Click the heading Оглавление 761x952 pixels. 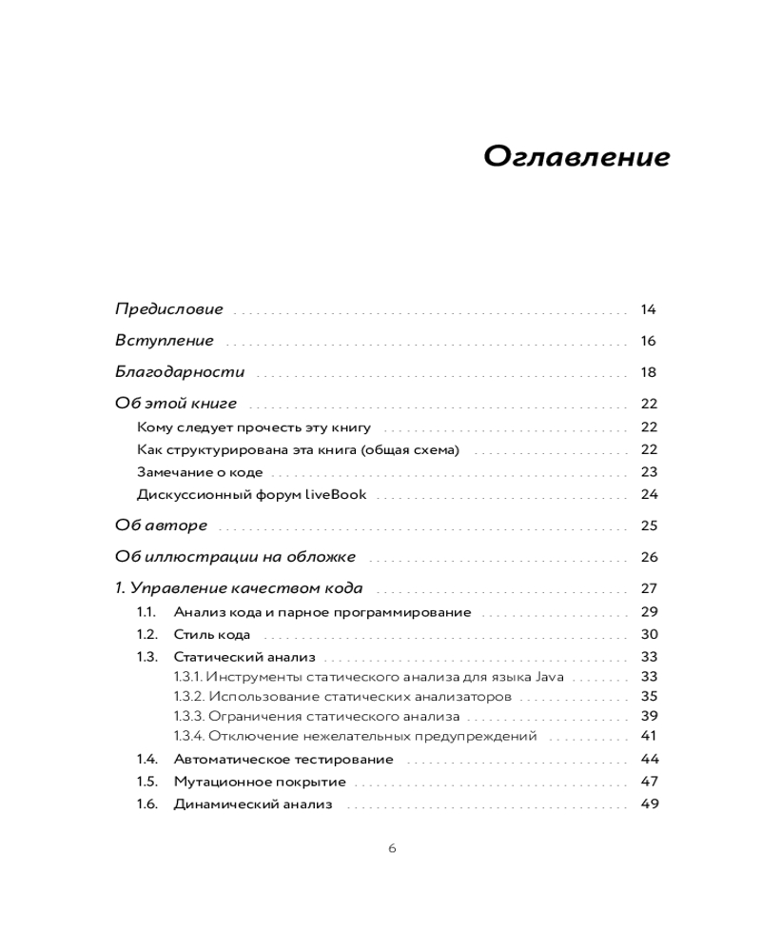[x=576, y=156]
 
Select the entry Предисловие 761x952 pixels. [x=169, y=309]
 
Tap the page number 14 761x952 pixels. [x=649, y=309]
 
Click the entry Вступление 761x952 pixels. [x=165, y=341]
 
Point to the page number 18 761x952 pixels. [x=649, y=372]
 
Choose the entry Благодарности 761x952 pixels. [x=180, y=372]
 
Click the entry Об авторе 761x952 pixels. [x=161, y=526]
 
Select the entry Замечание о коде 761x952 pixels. [x=200, y=471]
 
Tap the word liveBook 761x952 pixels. [x=336, y=494]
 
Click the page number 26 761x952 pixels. [x=649, y=557]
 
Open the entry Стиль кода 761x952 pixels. [x=212, y=634]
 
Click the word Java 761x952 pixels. [x=550, y=677]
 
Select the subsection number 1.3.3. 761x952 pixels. [x=188, y=716]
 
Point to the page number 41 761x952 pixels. [x=649, y=736]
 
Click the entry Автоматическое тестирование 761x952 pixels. [x=283, y=759]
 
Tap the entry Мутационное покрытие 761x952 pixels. [x=260, y=782]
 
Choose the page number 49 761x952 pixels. [x=649, y=804]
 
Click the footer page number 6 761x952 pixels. [x=392, y=849]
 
